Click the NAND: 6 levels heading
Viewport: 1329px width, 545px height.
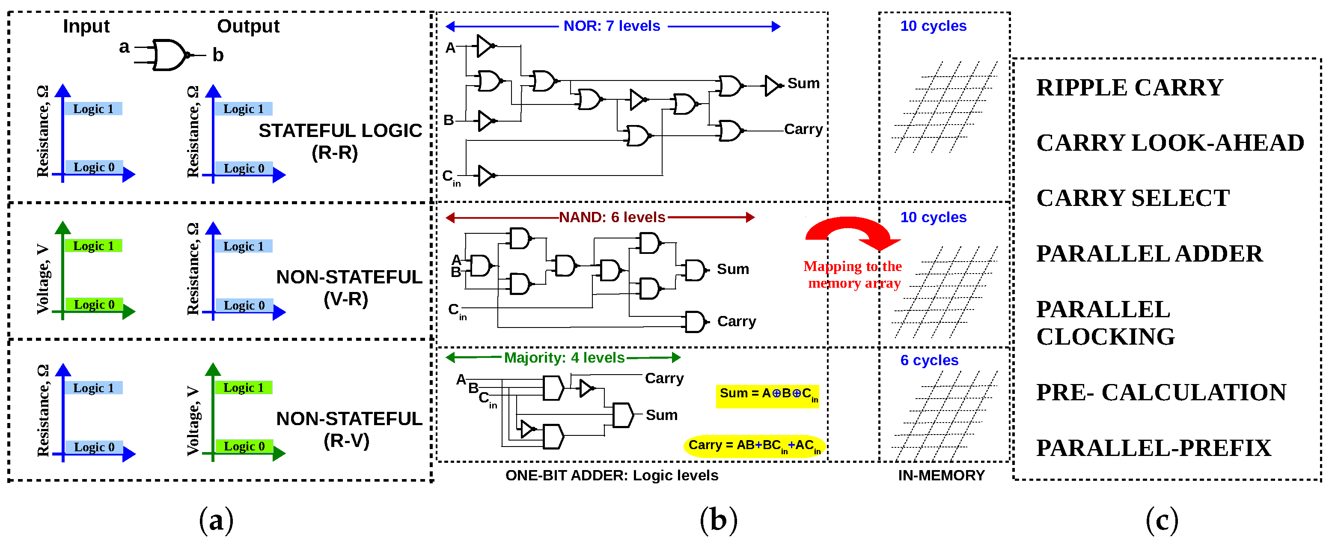coord(612,217)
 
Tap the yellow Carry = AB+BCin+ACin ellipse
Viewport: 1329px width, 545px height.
coord(754,446)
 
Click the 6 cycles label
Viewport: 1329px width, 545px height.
coord(929,360)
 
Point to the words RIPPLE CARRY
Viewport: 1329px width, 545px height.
coord(1130,88)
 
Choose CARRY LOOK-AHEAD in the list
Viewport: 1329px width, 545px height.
coord(1170,143)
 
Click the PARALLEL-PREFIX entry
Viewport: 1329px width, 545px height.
coord(1153,448)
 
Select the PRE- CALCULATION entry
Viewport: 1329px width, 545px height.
coord(1161,392)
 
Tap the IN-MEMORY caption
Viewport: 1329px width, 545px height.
coord(941,475)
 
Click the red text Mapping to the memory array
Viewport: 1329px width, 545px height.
coord(853,274)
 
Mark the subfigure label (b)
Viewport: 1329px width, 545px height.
coord(718,520)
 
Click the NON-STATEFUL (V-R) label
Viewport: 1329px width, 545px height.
coord(349,288)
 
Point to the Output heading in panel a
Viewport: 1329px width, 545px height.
coord(248,26)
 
